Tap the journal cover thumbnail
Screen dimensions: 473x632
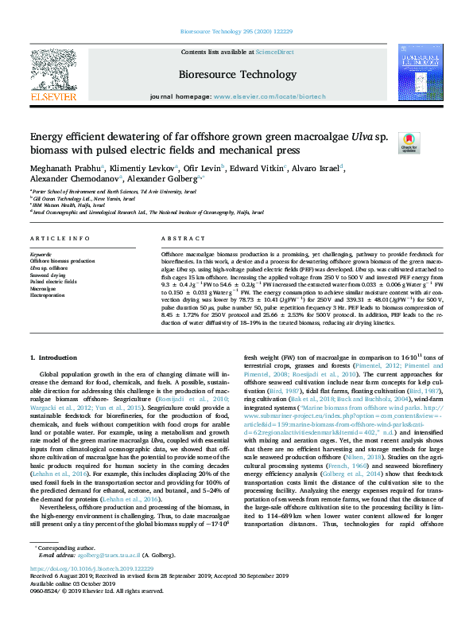pos(421,73)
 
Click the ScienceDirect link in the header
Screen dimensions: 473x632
pos(275,52)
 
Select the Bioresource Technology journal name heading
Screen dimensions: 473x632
pos(237,74)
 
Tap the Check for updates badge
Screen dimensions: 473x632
pos(409,142)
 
